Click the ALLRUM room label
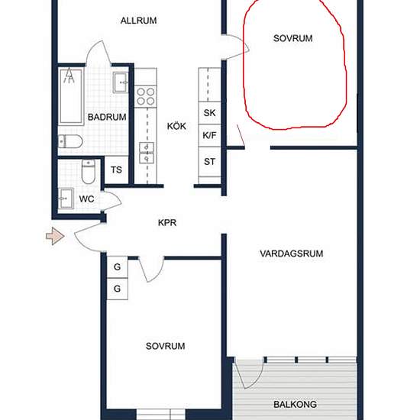tap(138, 21)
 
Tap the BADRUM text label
tap(107, 117)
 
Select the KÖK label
tap(176, 126)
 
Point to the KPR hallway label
tap(167, 222)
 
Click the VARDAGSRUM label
tap(292, 254)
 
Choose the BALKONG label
tap(295, 404)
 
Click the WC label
tap(86, 199)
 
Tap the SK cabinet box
tap(209, 113)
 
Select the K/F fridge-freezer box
tap(209, 135)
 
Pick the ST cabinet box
tap(209, 162)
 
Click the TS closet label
tap(116, 170)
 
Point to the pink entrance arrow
tap(55, 236)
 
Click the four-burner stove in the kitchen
tap(145, 96)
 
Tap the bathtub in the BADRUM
tap(71, 96)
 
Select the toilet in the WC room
tap(89, 171)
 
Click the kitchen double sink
tap(147, 153)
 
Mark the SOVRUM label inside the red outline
tap(292, 38)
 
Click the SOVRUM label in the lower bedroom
tap(165, 346)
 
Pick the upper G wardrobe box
tap(118, 267)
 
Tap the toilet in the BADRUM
tap(70, 141)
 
